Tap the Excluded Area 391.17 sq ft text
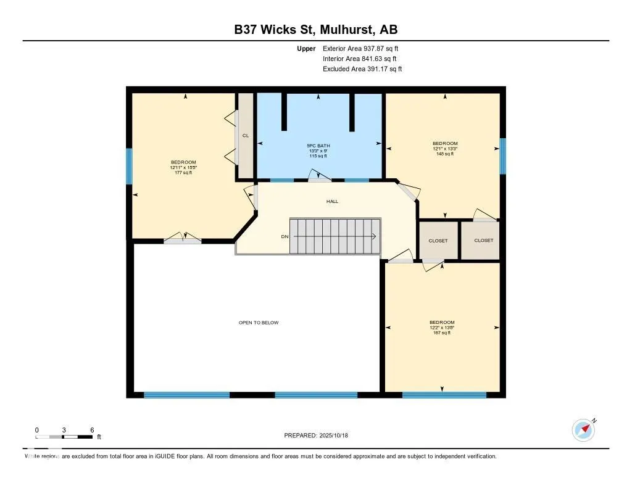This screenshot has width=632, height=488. (362, 69)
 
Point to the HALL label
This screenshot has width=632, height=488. (333, 201)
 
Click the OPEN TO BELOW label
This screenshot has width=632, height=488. (259, 323)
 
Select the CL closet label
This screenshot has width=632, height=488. (245, 136)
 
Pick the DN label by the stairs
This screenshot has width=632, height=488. (285, 236)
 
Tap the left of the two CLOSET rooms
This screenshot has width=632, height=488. (438, 241)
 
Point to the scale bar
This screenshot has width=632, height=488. (64, 437)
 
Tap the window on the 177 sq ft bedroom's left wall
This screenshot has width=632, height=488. (130, 166)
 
